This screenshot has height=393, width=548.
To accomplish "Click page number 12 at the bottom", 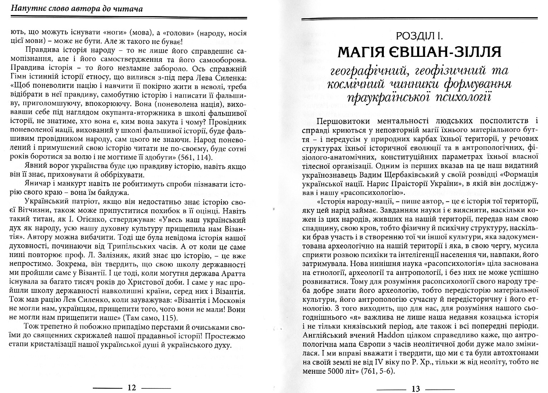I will pyautogui.click(x=132, y=388).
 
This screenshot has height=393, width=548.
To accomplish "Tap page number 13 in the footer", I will pyautogui.click(x=415, y=389).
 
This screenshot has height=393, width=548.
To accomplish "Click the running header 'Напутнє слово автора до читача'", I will pyautogui.click(x=77, y=8).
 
